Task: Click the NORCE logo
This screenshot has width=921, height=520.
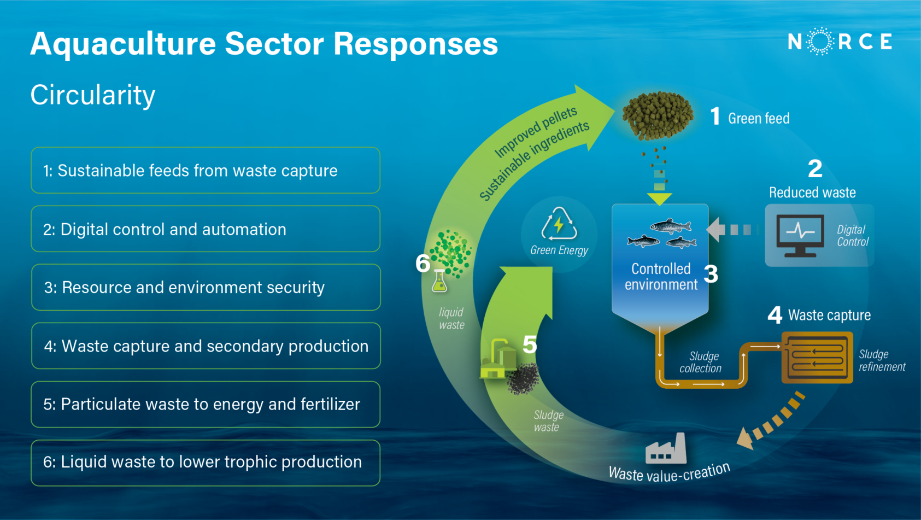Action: tap(840, 42)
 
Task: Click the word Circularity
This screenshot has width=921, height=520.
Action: tap(93, 96)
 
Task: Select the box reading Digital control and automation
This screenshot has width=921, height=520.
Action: tap(206, 229)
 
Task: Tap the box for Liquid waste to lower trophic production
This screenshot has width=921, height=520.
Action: tap(206, 463)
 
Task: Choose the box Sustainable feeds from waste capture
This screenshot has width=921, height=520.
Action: tap(206, 171)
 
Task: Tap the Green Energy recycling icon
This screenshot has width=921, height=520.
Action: tap(559, 224)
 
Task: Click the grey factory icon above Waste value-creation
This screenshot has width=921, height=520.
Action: tap(666, 449)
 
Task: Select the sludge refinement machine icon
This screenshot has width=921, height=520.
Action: tap(817, 358)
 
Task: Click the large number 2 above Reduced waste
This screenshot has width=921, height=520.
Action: tap(815, 169)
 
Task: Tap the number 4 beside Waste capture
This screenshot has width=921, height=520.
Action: tap(775, 315)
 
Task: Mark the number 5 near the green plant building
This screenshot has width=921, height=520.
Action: tap(530, 344)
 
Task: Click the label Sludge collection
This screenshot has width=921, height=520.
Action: tap(701, 363)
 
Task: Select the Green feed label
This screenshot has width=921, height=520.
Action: tap(759, 119)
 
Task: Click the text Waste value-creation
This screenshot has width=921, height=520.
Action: tap(669, 472)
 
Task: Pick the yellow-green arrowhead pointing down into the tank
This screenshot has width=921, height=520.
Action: tap(660, 198)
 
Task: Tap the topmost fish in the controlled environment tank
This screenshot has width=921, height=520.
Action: tap(671, 226)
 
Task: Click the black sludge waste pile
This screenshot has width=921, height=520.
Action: tap(523, 378)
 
